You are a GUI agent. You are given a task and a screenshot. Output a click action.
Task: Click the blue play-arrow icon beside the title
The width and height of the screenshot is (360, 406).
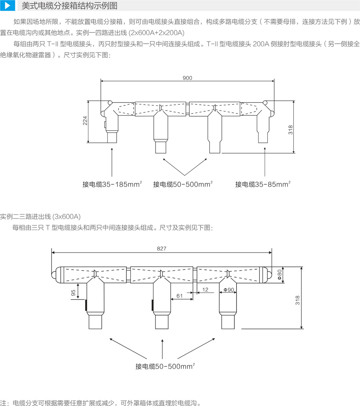[7, 6]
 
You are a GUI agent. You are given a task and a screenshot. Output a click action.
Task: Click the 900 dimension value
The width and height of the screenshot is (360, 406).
[187, 78]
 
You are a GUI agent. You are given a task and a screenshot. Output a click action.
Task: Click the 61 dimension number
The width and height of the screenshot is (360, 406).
[179, 296]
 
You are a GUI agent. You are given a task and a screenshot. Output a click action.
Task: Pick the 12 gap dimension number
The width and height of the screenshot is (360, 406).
[205, 289]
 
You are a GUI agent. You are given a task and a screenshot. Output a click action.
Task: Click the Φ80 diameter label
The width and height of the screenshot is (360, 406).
[279, 275]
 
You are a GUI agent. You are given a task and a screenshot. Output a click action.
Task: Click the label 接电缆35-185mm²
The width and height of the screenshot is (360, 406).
[112, 184]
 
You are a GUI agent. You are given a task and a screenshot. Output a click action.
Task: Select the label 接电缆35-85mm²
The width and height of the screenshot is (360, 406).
[263, 184]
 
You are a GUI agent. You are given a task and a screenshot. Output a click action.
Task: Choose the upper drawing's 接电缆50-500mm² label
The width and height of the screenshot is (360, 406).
[183, 184]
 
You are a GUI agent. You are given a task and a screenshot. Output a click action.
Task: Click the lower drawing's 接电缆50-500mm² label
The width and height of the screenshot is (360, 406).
[165, 366]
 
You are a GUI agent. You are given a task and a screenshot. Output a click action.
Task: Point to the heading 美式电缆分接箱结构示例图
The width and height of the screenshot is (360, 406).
[69, 6]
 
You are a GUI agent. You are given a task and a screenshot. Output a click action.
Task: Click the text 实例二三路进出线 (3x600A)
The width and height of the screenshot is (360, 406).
[40, 216]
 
